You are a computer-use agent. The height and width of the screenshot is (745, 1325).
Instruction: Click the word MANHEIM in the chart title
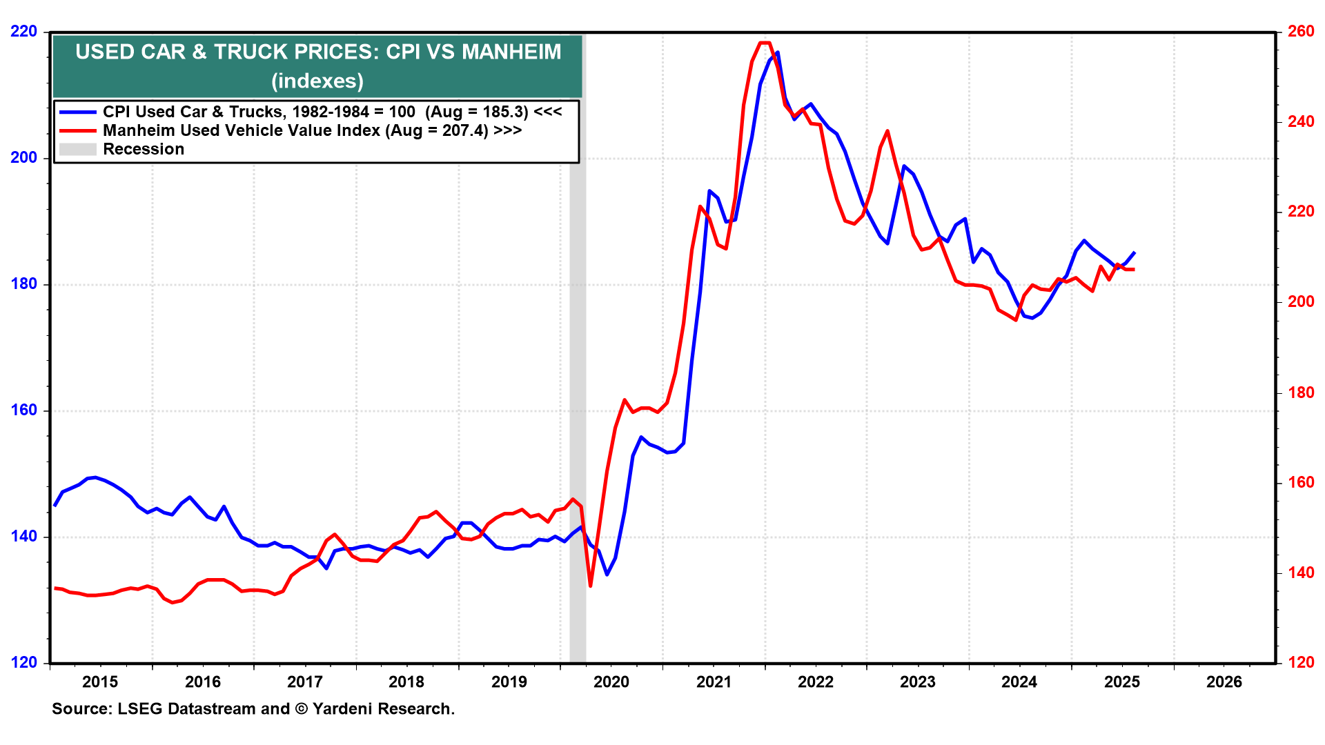(511, 52)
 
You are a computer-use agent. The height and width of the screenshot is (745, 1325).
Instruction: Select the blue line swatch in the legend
(78, 112)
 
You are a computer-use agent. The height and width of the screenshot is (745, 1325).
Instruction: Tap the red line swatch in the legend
(78, 131)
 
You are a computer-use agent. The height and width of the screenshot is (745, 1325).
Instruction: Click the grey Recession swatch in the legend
(78, 150)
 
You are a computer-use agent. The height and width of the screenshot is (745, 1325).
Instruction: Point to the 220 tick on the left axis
(24, 32)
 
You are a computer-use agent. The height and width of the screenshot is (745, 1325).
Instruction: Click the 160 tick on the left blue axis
(24, 410)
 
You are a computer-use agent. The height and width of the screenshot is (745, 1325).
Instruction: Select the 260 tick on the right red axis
(1301, 32)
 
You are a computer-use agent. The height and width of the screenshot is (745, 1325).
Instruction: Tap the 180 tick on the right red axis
(1301, 393)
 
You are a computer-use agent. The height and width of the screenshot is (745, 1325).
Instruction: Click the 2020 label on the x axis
(611, 682)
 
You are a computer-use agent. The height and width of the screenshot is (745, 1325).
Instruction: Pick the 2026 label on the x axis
(1224, 682)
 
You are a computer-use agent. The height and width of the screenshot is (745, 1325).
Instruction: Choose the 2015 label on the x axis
(100, 682)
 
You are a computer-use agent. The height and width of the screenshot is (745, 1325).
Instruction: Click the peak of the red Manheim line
(765, 43)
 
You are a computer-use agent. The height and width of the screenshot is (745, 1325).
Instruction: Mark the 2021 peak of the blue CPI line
(778, 52)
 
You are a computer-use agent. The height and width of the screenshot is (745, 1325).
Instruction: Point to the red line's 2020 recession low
(591, 586)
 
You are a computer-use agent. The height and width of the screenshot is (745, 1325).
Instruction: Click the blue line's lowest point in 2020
(607, 574)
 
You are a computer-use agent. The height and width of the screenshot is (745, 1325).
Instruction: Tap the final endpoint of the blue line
(1135, 252)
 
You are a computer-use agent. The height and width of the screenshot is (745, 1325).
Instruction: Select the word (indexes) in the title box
(317, 81)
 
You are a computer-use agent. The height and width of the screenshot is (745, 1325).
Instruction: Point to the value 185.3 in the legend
(504, 112)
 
